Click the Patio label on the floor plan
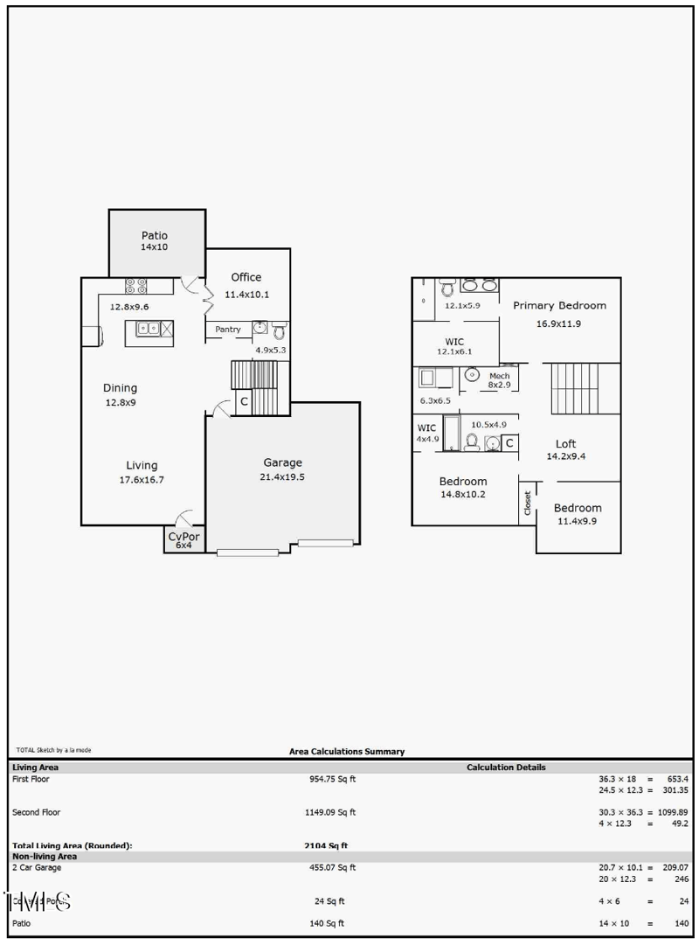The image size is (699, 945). pos(154,236)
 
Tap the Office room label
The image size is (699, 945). pos(246,277)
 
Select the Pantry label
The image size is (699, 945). pos(228,330)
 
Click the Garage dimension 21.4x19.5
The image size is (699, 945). pos(282,477)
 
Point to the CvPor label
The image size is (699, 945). pos(183,536)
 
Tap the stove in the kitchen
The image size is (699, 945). pos(137,285)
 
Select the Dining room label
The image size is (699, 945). pos(120,388)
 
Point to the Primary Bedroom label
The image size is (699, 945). pos(559,306)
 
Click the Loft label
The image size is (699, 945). pos(565,443)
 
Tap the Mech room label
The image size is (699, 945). pos(499,375)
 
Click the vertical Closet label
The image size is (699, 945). pos(527,502)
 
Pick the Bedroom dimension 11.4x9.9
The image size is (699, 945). pos(578,522)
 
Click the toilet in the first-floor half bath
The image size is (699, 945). pos(279,330)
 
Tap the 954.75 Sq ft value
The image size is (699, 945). pos(329,778)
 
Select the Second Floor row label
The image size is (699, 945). pos(37,812)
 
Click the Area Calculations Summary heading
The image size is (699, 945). pos(347,751)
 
